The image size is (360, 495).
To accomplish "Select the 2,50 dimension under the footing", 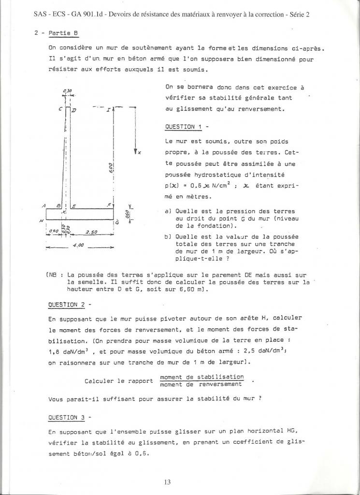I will (x=91, y=232).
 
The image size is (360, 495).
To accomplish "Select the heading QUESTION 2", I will (x=69, y=305).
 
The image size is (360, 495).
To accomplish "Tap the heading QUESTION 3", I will (x=69, y=417).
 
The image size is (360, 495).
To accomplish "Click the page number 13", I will (x=180, y=481).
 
